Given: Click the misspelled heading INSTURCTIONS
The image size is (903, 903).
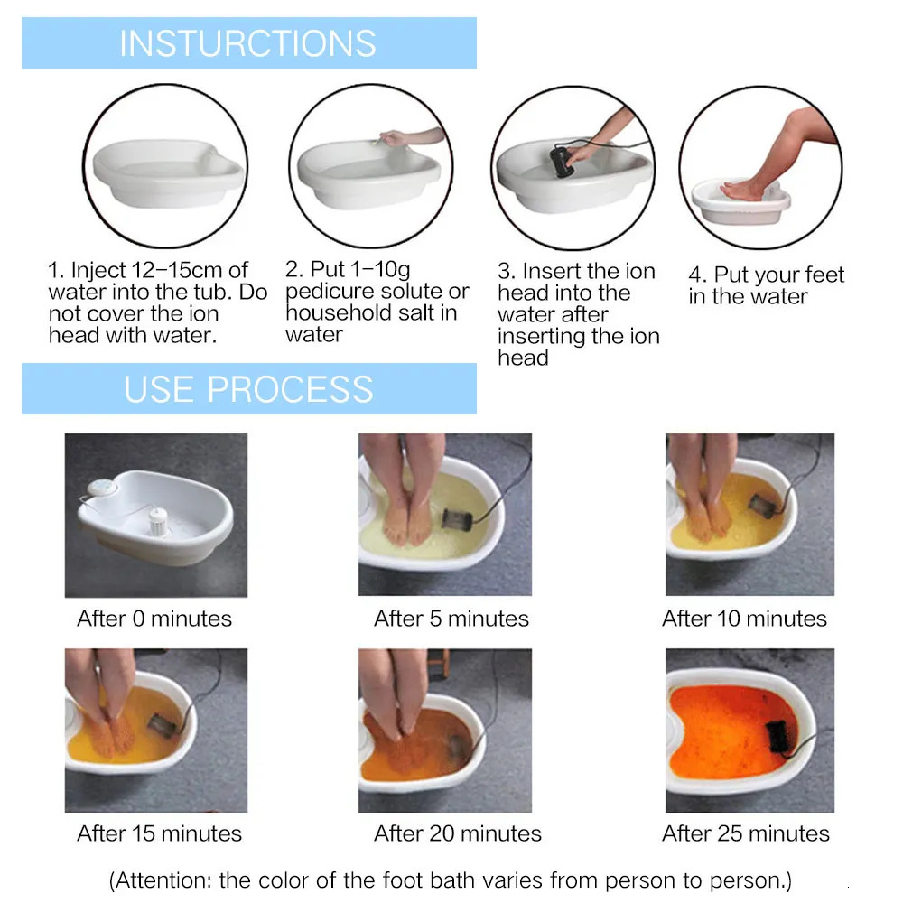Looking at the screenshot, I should coord(247,43).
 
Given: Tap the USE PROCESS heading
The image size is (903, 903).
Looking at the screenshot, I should coord(248,389).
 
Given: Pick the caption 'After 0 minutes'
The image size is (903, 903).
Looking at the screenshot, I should coord(154,619).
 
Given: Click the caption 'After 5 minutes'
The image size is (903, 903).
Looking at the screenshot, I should coord(451,619).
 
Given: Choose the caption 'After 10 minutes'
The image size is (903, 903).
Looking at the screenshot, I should coord(744,619).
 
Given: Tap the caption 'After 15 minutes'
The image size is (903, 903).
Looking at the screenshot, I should coord(160,833).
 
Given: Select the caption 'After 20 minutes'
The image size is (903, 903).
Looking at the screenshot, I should coord(458,833).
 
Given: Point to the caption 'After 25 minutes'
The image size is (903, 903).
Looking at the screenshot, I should coord(746,833).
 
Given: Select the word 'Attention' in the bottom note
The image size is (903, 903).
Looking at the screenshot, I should coord(168,879).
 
